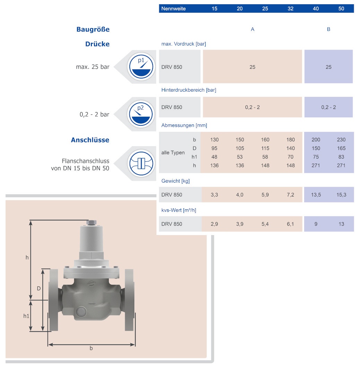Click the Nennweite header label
(x=174, y=9)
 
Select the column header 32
(x=291, y=9)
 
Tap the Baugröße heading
(x=93, y=30)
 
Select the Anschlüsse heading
(x=90, y=140)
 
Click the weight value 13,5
(x=316, y=195)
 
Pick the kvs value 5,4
(x=265, y=224)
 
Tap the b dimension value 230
(x=341, y=140)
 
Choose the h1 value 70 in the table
(x=291, y=157)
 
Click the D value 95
(x=214, y=148)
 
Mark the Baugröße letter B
(x=328, y=30)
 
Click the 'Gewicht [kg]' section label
(x=175, y=181)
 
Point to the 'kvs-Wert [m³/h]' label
(x=179, y=210)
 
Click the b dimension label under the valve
(x=91, y=348)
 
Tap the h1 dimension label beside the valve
(x=26, y=316)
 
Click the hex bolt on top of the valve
(x=92, y=223)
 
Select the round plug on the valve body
(x=81, y=311)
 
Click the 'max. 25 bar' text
(x=93, y=67)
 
